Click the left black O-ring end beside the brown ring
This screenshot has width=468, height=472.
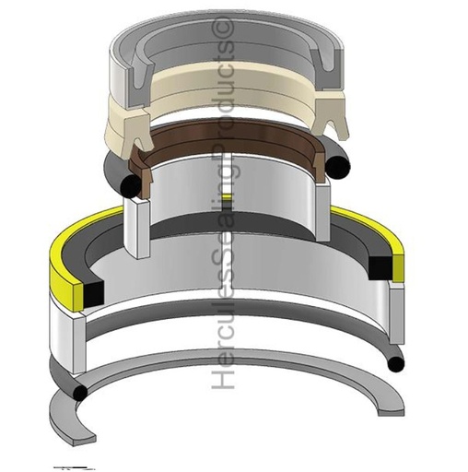[132, 187]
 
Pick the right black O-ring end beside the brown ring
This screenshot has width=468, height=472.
[341, 164]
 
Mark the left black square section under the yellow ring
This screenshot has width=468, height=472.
[93, 294]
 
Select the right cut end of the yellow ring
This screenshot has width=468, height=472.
[398, 258]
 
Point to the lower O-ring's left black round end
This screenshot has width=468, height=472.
[81, 392]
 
